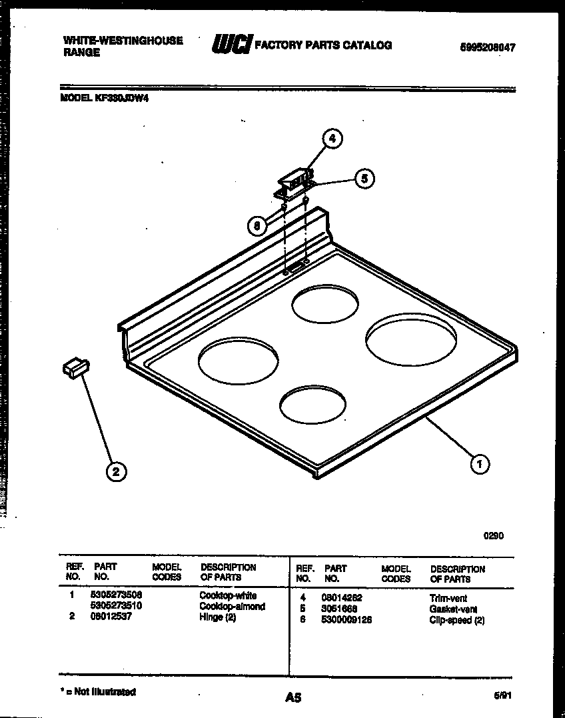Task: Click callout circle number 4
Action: click(x=332, y=139)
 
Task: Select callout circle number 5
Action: click(x=363, y=179)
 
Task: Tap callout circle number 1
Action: click(x=479, y=463)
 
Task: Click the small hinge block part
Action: click(x=76, y=367)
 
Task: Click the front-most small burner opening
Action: click(x=312, y=405)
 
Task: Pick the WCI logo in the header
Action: click(x=231, y=45)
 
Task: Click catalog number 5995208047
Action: click(x=488, y=47)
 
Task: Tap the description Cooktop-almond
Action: click(x=232, y=607)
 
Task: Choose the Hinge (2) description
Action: click(x=218, y=617)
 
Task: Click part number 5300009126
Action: click(x=346, y=620)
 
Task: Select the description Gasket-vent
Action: click(x=454, y=609)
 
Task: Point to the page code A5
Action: click(x=292, y=697)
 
